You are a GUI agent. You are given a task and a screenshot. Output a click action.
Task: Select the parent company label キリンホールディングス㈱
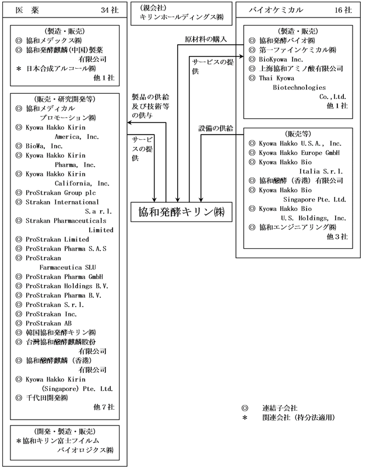(181, 18)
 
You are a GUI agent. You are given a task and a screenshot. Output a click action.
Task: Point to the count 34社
(109, 9)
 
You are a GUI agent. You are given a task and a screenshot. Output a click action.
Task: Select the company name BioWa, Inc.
(44, 146)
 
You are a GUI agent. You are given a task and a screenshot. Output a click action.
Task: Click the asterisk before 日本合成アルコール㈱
(19, 68)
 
